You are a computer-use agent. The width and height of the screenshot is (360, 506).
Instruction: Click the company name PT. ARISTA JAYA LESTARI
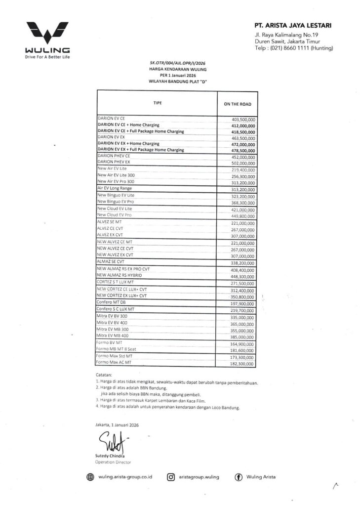click(x=293, y=25)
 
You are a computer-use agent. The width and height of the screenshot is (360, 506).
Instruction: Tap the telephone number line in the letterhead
click(x=294, y=48)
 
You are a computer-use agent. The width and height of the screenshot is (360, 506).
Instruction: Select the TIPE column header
click(x=157, y=102)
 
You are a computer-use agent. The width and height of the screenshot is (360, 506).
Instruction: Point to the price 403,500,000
click(x=243, y=120)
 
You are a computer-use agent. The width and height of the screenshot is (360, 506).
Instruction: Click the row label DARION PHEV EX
click(x=114, y=162)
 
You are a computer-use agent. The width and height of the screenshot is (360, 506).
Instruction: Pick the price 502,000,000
click(x=243, y=163)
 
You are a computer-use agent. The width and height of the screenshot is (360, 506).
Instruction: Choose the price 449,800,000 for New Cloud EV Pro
click(x=243, y=215)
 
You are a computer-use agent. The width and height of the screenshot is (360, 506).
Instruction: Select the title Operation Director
click(x=113, y=462)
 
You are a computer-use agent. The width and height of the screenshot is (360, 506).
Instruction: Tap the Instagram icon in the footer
click(x=171, y=477)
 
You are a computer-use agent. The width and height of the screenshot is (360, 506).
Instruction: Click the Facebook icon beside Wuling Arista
click(x=238, y=477)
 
